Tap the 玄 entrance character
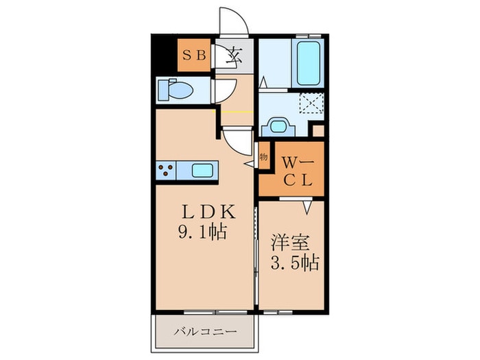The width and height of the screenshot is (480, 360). pos(235,55)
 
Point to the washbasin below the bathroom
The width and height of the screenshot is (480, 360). pos(278,127)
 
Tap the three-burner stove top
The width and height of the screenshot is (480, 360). pos(167,170)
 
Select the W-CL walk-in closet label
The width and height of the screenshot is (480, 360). pos(298,171)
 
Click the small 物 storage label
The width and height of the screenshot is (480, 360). pos(263,157)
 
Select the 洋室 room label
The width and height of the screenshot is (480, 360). pos(287,243)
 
